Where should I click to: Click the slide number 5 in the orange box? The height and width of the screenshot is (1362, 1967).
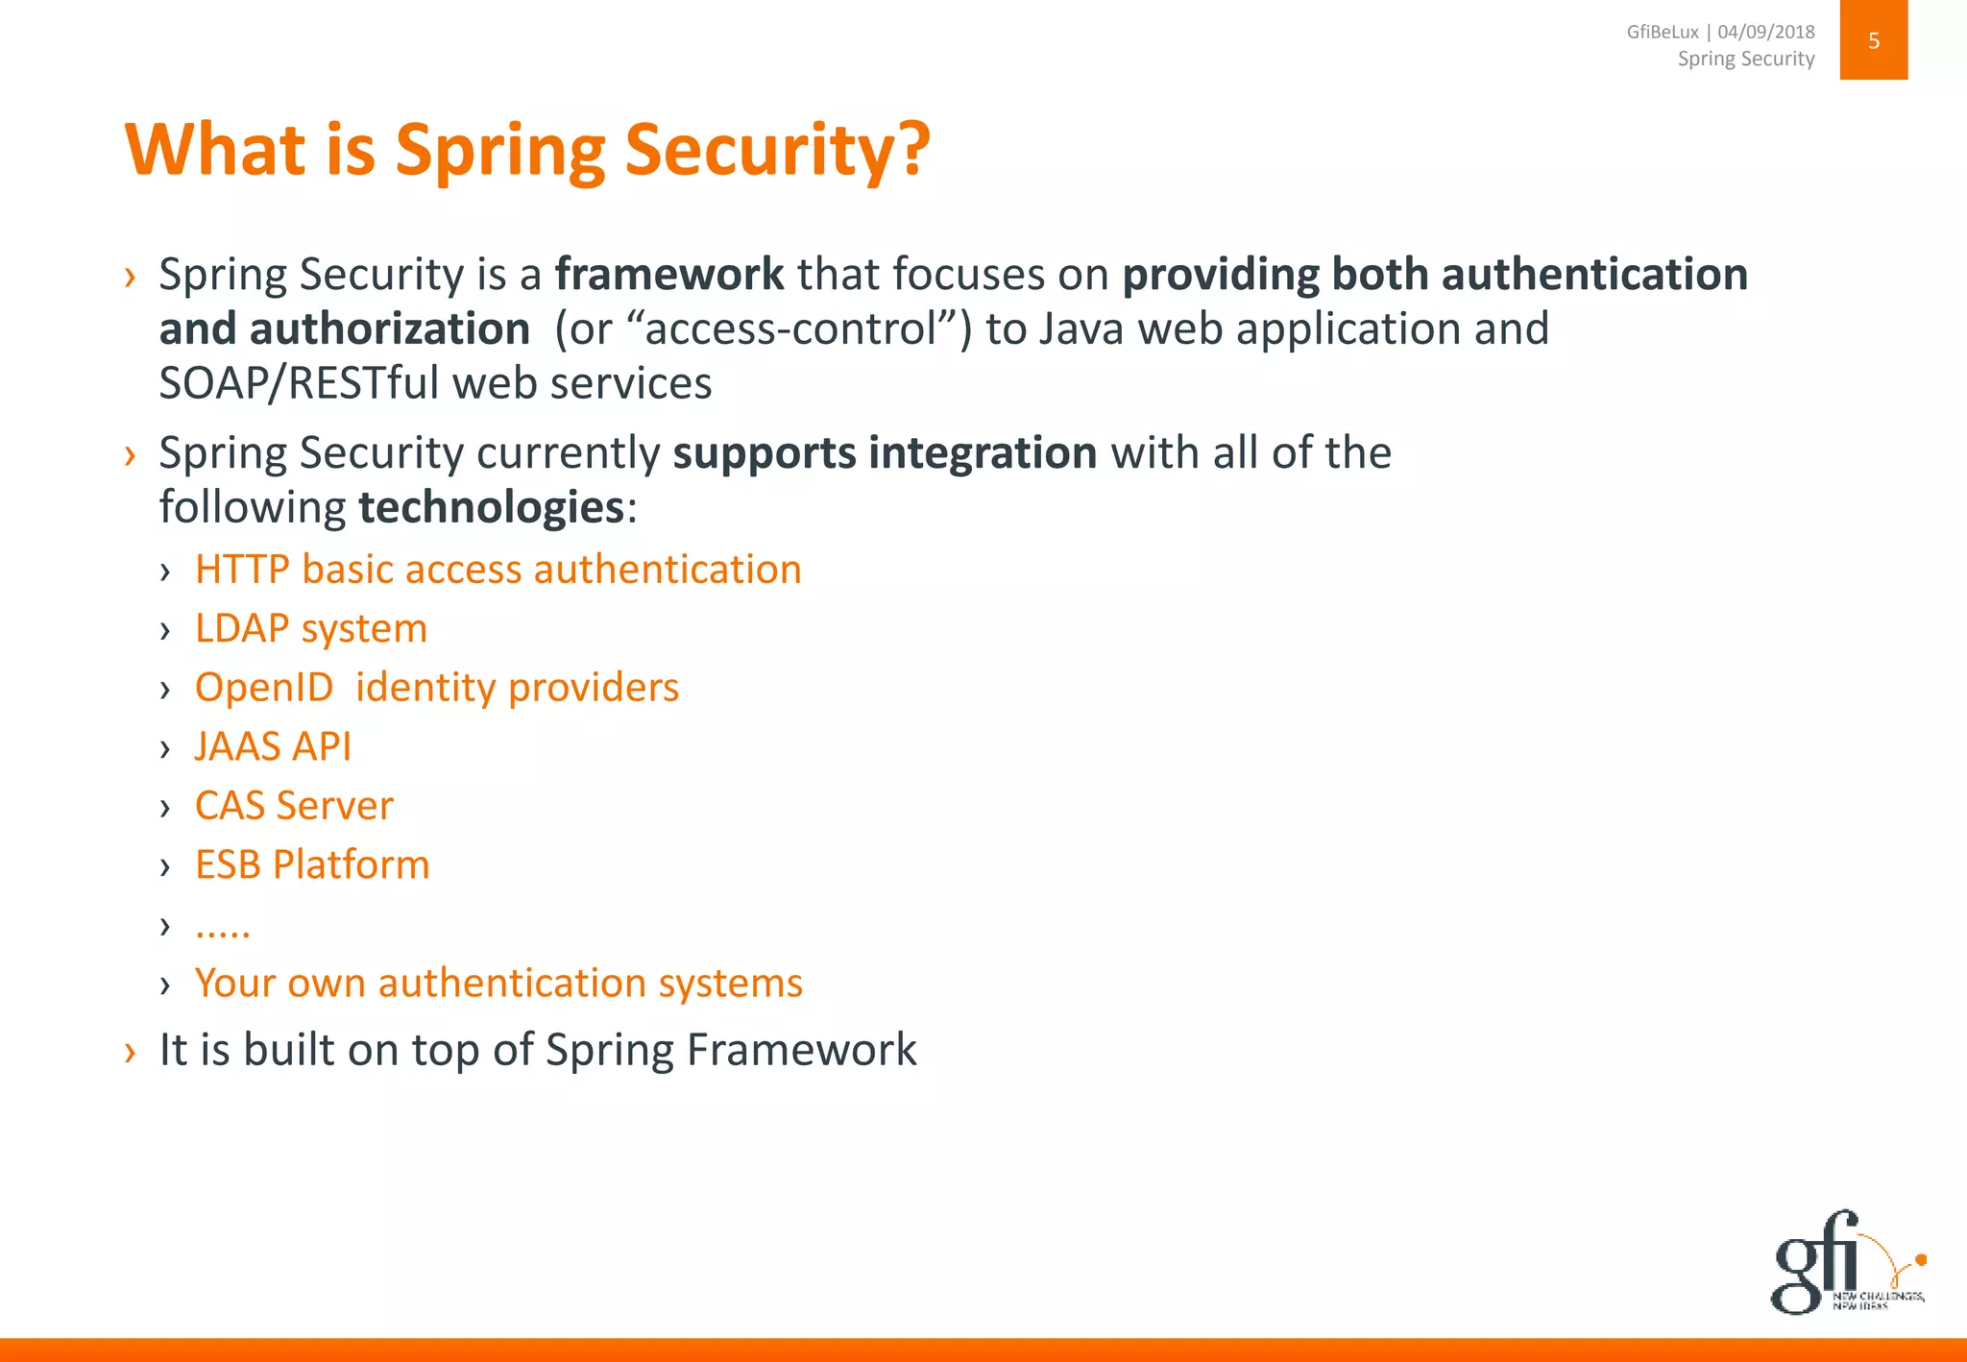1873,40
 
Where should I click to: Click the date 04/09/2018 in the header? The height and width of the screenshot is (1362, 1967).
1766,32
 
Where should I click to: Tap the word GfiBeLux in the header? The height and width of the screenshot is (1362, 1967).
1662,32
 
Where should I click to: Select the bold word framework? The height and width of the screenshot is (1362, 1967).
669,275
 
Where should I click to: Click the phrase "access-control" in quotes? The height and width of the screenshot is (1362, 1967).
791,329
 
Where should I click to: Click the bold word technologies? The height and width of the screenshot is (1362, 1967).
491,507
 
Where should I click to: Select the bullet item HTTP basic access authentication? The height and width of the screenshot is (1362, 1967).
498,570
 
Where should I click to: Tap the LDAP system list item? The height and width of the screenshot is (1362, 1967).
310,629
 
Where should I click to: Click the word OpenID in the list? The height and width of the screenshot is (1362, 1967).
263,688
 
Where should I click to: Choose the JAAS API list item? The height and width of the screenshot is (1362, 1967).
273,747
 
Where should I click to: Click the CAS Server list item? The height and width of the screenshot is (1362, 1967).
294,806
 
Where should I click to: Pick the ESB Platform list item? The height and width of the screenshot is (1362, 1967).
311,864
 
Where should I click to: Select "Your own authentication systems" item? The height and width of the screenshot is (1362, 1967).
498,984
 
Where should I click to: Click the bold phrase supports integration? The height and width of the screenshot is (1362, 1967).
885,453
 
